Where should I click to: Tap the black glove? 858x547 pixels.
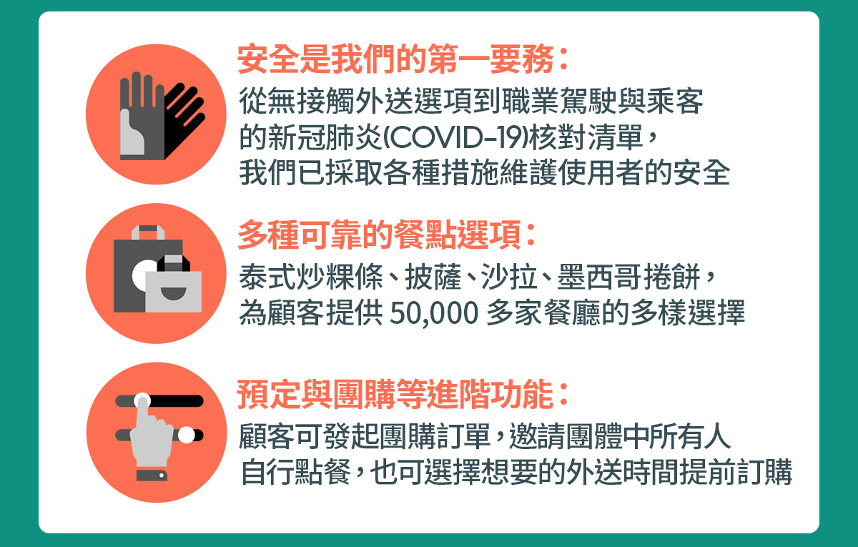point(182,118)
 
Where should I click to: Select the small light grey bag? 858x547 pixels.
point(174,290)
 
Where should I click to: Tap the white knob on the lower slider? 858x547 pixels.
point(186,433)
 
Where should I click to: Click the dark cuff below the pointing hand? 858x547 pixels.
point(152,475)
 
